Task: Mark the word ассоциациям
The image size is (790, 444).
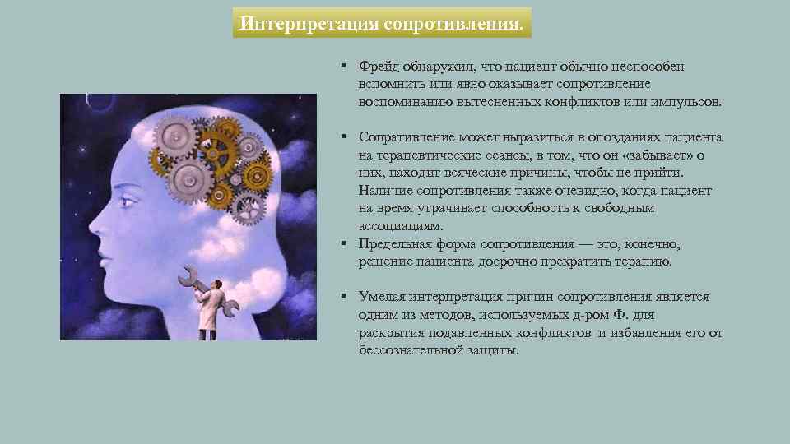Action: (400, 226)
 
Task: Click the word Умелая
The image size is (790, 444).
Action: (380, 297)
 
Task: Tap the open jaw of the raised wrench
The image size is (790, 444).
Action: (187, 271)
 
